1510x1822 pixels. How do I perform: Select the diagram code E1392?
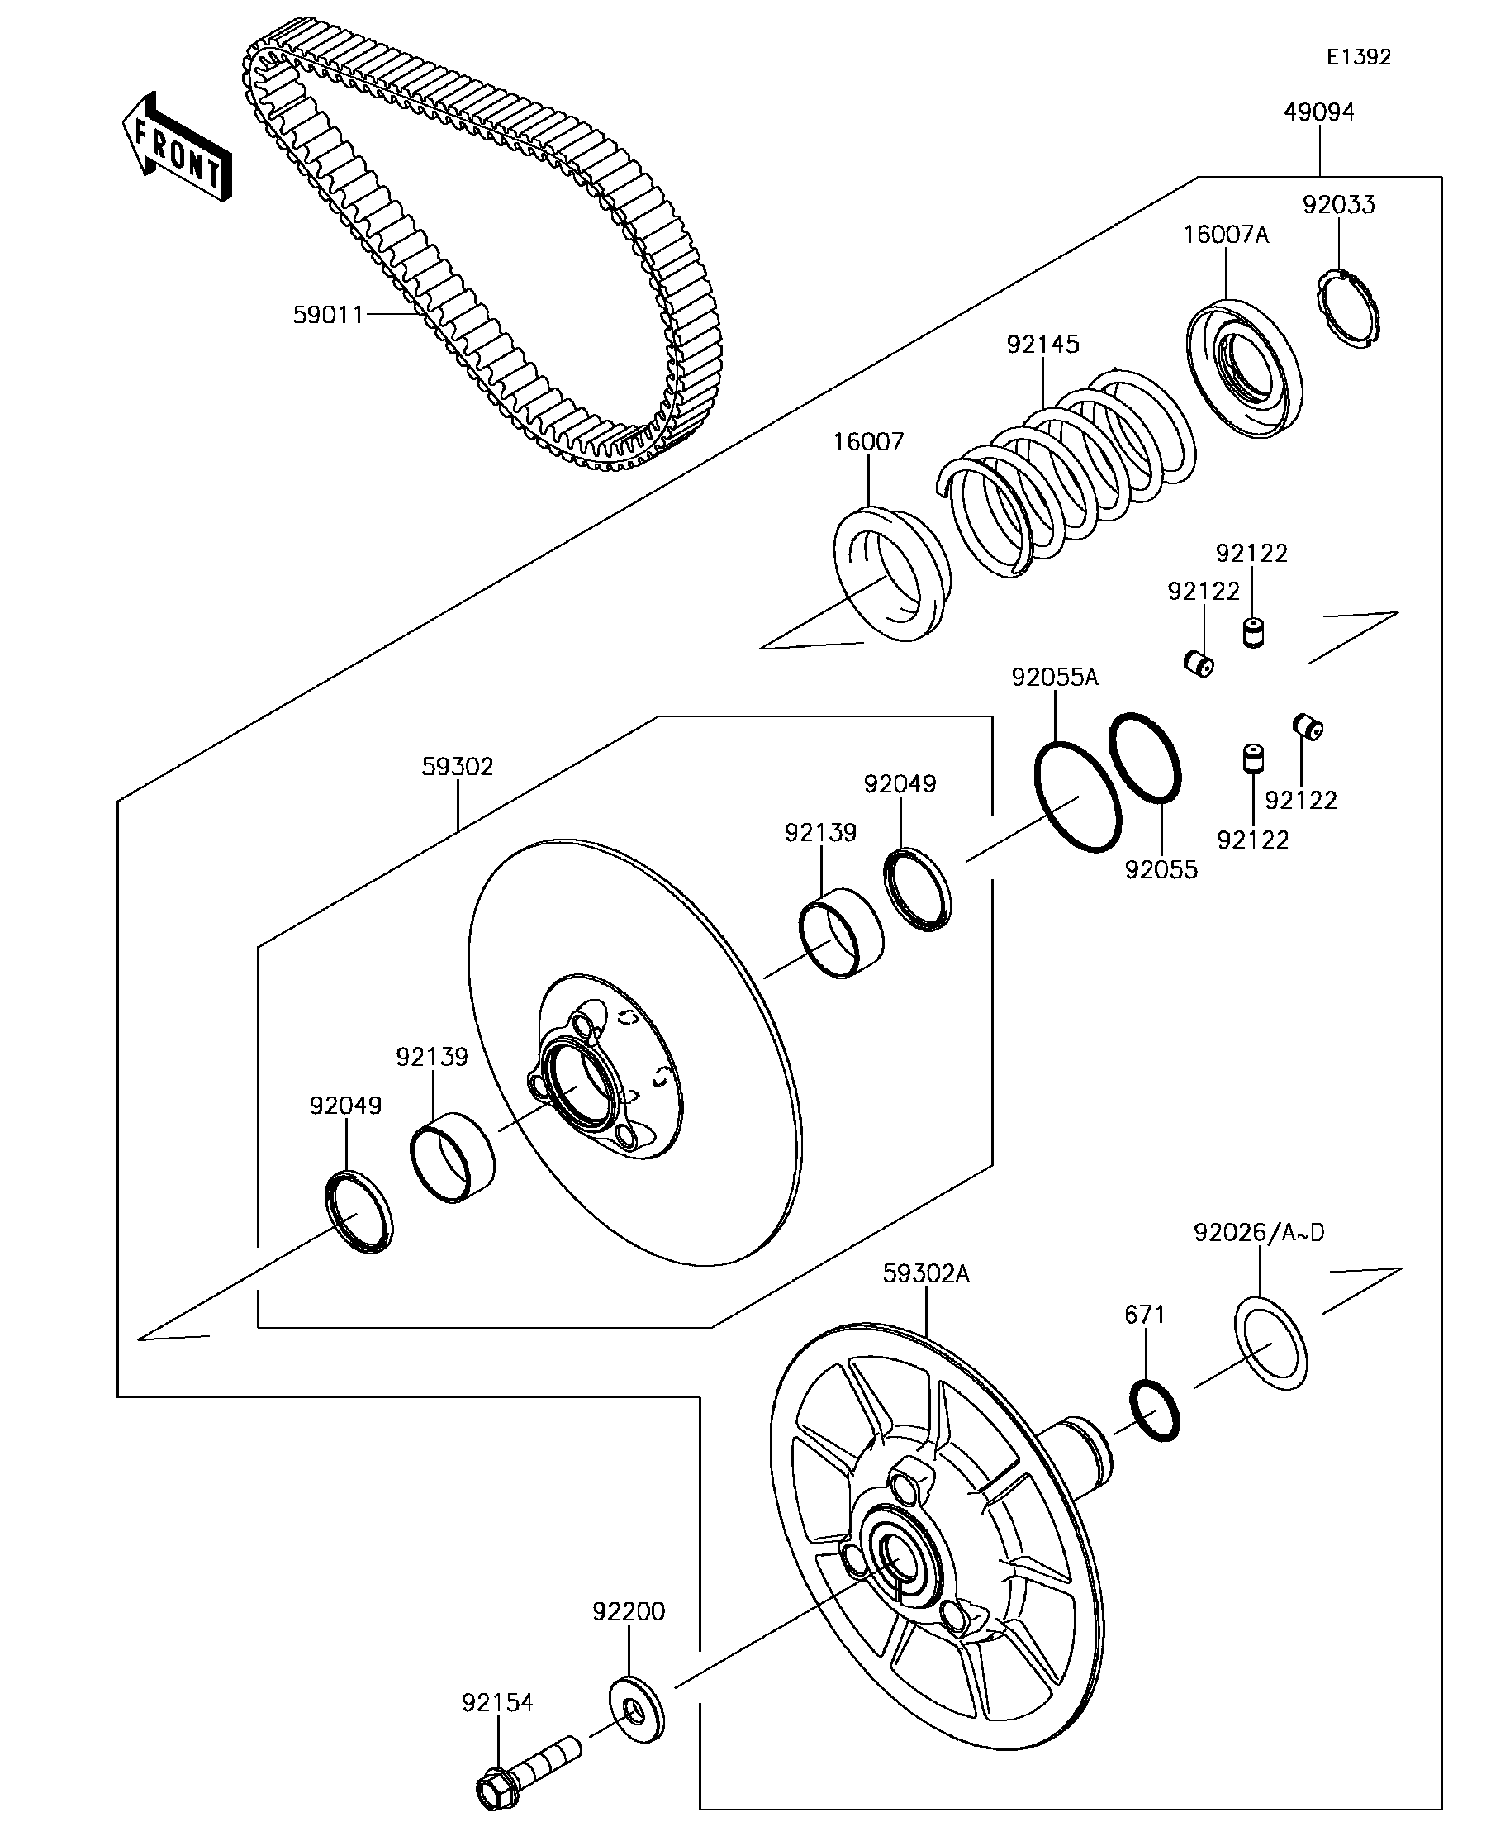click(1358, 57)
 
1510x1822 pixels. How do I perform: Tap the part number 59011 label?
click(328, 314)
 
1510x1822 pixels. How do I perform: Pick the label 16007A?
click(1226, 235)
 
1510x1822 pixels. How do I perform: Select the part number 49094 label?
click(1318, 112)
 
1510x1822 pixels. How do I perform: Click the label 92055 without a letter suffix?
click(1161, 869)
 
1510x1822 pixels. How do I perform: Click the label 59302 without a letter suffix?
click(457, 767)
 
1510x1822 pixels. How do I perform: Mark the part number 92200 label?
click(628, 1611)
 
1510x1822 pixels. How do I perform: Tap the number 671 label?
click(1144, 1315)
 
